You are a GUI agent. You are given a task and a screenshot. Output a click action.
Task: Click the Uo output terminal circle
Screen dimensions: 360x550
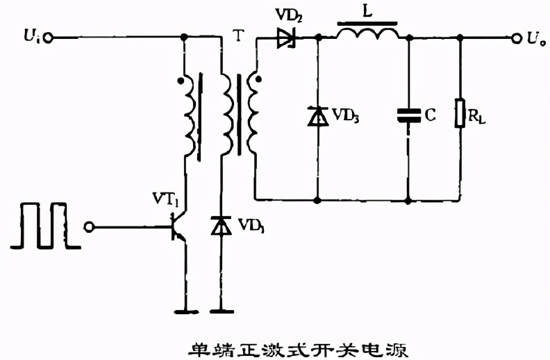tap(517, 38)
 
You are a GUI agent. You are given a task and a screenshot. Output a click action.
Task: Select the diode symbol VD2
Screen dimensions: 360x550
tap(285, 38)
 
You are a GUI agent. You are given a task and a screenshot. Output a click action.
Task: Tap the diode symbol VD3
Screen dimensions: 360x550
tap(317, 116)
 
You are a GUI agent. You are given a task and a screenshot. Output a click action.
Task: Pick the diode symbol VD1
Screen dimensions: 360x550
tap(222, 226)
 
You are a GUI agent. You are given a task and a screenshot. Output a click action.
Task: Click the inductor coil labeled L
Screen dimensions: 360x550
tap(368, 33)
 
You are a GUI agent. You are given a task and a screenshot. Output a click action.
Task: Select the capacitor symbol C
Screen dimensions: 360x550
tap(408, 116)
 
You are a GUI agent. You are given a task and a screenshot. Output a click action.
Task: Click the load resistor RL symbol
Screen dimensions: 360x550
tap(460, 114)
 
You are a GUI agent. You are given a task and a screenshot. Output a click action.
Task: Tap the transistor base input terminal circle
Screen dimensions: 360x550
tap(88, 227)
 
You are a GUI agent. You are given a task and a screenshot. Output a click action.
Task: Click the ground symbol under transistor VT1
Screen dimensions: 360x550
tap(185, 311)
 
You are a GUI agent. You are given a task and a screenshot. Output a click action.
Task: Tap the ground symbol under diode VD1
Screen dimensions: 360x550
tap(222, 311)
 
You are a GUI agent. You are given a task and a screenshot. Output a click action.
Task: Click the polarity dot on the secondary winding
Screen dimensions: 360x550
tap(259, 79)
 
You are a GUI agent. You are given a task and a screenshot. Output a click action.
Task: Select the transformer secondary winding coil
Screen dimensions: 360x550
tap(253, 115)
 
